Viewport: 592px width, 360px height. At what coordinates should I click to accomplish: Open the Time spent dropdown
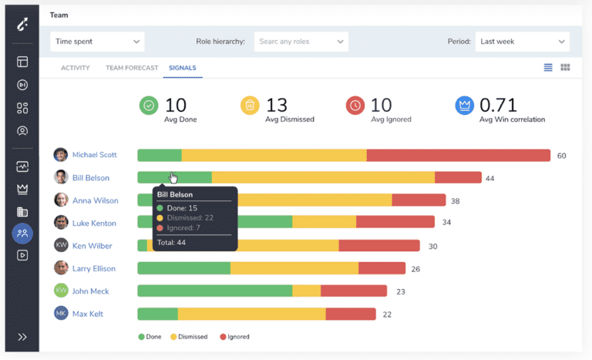(x=97, y=42)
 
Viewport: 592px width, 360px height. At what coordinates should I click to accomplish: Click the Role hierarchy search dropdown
(x=301, y=42)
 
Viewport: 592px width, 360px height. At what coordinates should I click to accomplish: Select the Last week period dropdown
(x=521, y=42)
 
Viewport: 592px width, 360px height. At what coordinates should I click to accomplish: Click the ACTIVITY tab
(x=76, y=68)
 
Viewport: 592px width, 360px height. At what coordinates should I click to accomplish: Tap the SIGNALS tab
(x=182, y=68)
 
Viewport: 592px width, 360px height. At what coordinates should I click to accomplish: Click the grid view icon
(x=565, y=68)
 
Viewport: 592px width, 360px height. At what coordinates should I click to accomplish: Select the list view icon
(x=548, y=68)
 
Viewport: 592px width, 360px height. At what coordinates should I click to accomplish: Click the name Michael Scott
(x=94, y=155)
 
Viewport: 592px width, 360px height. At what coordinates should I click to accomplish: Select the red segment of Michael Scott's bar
(x=458, y=155)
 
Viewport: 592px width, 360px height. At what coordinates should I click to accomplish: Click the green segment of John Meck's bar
(x=214, y=291)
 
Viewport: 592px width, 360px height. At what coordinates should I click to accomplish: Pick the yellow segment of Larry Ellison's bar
(x=294, y=268)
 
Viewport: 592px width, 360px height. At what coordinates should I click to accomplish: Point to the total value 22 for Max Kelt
(x=387, y=314)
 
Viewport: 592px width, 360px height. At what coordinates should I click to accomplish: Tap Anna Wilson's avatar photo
(x=61, y=200)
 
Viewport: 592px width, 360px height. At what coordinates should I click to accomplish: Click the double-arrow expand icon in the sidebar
(x=22, y=337)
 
